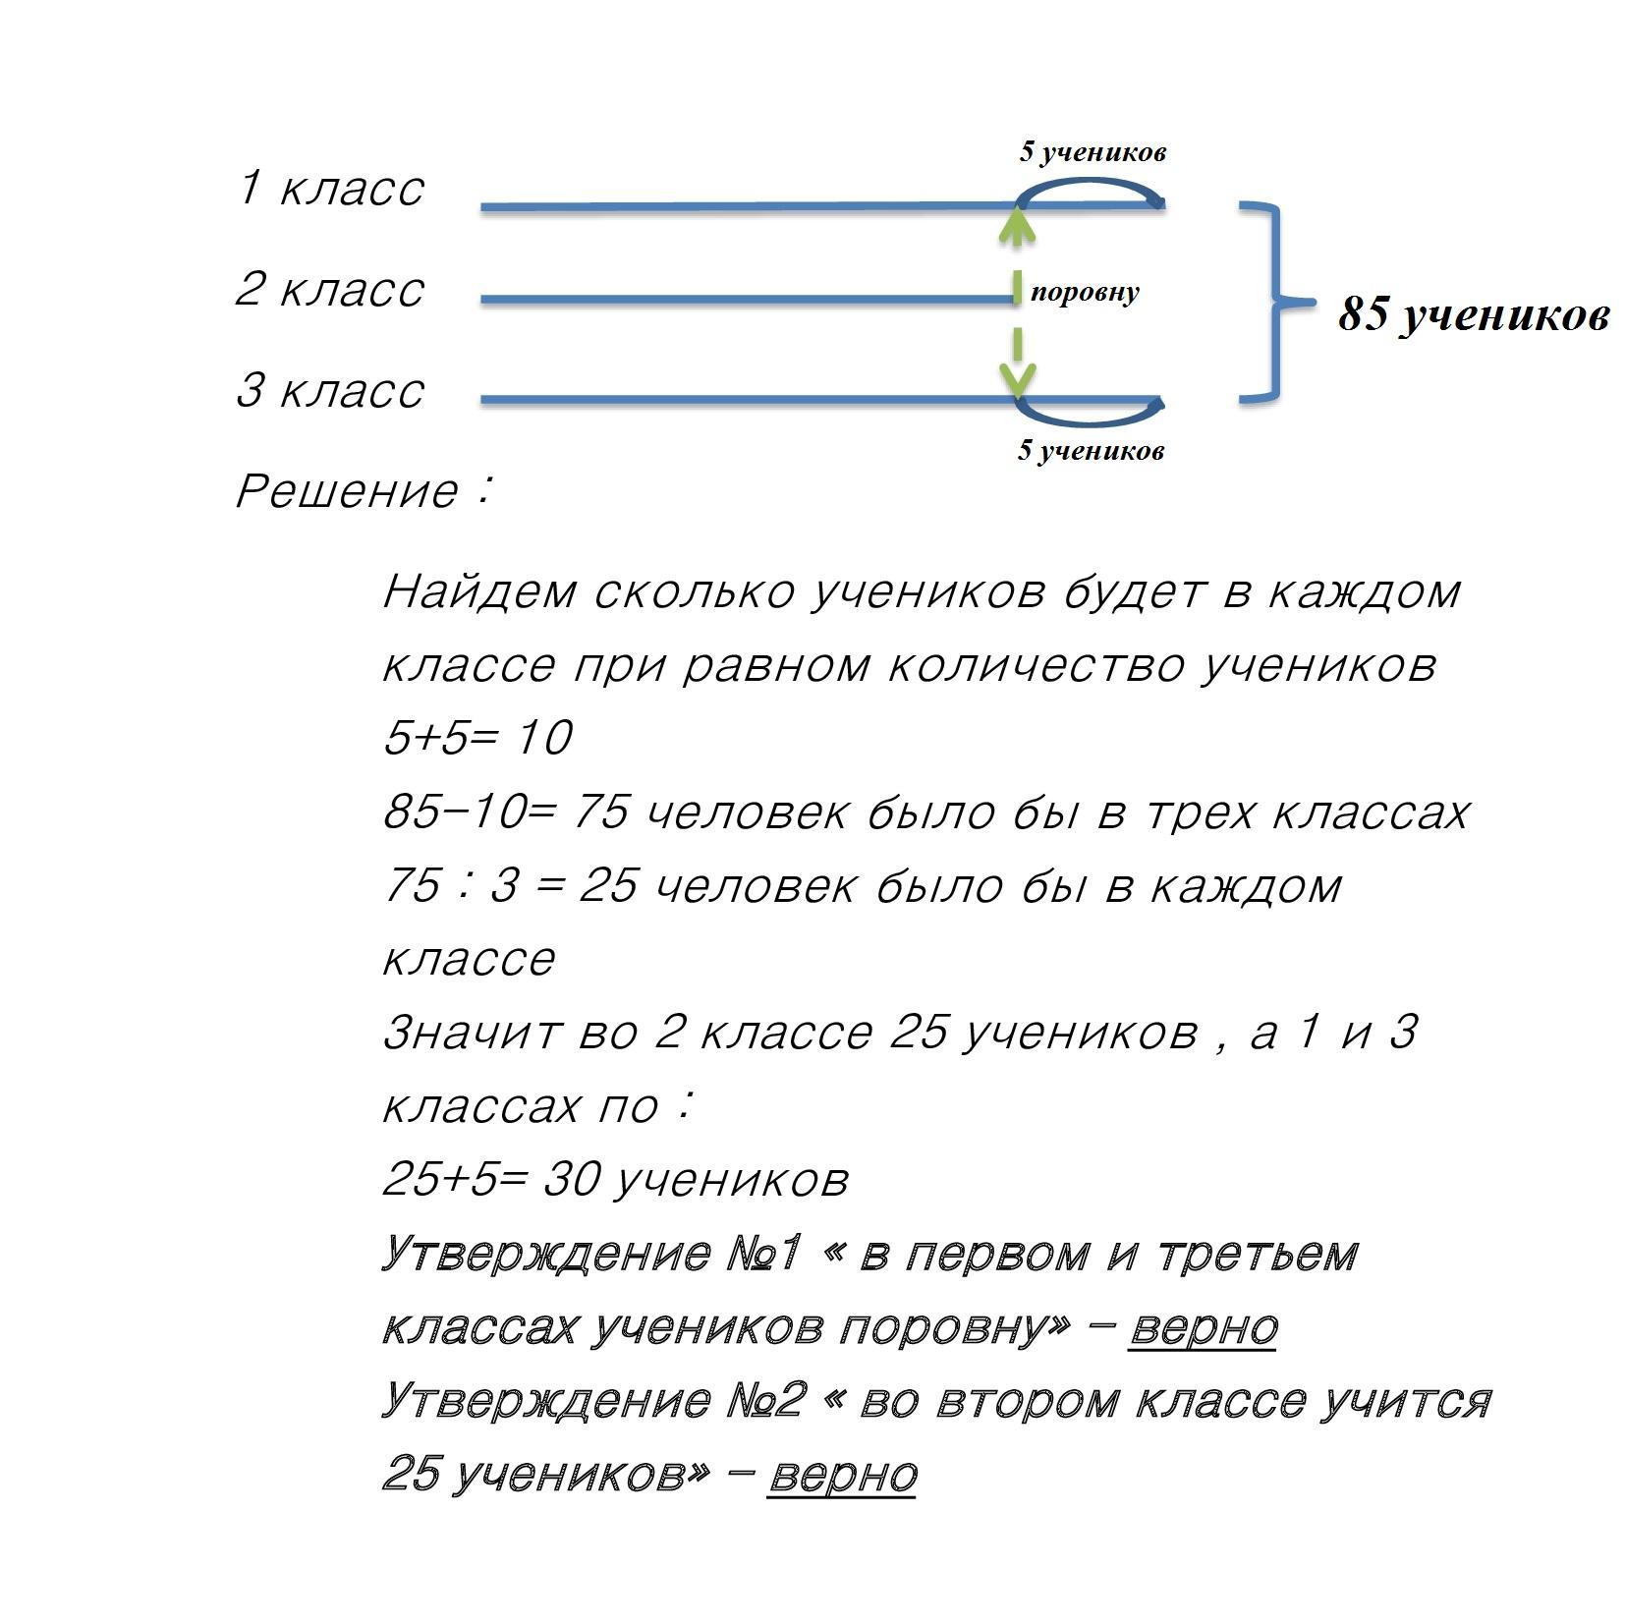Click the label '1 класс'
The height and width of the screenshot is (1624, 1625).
pyautogui.click(x=330, y=188)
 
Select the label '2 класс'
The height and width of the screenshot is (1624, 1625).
pyautogui.click(x=330, y=289)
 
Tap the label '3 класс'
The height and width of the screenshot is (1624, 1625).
pyautogui.click(x=330, y=390)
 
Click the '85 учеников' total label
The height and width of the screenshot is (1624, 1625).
pyautogui.click(x=1473, y=315)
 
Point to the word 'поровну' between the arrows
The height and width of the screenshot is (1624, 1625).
pyautogui.click(x=1085, y=292)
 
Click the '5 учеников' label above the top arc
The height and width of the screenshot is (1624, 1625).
pyautogui.click(x=1093, y=152)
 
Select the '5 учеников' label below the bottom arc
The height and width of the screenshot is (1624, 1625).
pyautogui.click(x=1091, y=451)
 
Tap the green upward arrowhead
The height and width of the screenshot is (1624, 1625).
pyautogui.click(x=1017, y=227)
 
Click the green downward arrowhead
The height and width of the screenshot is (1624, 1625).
pyautogui.click(x=1017, y=378)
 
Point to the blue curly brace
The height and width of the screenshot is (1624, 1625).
pyautogui.click(x=1275, y=303)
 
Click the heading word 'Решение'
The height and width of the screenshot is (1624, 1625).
pyautogui.click(x=346, y=491)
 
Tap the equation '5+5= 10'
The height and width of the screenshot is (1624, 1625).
pyautogui.click(x=477, y=738)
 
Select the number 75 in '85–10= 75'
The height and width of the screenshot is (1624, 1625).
pyautogui.click(x=599, y=812)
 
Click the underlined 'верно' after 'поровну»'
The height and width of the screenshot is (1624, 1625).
pyautogui.click(x=1203, y=1327)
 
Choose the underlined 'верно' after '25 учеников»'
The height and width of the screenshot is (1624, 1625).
pyautogui.click(x=842, y=1475)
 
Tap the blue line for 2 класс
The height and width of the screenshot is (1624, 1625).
pyautogui.click(x=747, y=299)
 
